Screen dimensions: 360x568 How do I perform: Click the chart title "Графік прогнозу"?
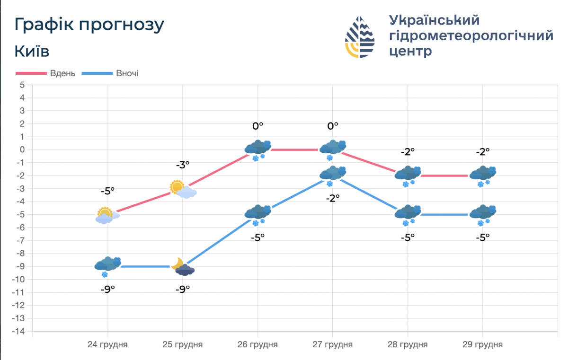pos(89,25)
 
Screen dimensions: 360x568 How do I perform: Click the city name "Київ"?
pos(32,51)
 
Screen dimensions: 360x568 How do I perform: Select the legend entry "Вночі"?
pos(127,73)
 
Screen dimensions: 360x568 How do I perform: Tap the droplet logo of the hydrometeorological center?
pos(360,37)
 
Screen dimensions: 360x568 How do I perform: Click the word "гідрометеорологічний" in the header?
pos(471,35)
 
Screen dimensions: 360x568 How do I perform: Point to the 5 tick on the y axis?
pos(21,85)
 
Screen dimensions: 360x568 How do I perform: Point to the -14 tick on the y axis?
pos(19,332)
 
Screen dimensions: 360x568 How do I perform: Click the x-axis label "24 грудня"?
pos(107,344)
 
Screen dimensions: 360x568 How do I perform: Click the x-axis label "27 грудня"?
pos(333,344)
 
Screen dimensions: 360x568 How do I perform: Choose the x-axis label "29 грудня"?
pos(482,344)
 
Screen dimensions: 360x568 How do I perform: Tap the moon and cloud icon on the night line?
pos(183,267)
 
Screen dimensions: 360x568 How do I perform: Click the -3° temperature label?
pos(183,165)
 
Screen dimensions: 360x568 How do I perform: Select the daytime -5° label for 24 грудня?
pos(107,191)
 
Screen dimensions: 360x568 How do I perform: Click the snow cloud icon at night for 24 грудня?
pos(108,266)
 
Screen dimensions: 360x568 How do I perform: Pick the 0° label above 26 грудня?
pos(257,126)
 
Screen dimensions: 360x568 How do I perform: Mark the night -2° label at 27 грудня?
pos(333,199)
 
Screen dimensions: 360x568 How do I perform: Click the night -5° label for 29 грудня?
pos(483,237)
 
